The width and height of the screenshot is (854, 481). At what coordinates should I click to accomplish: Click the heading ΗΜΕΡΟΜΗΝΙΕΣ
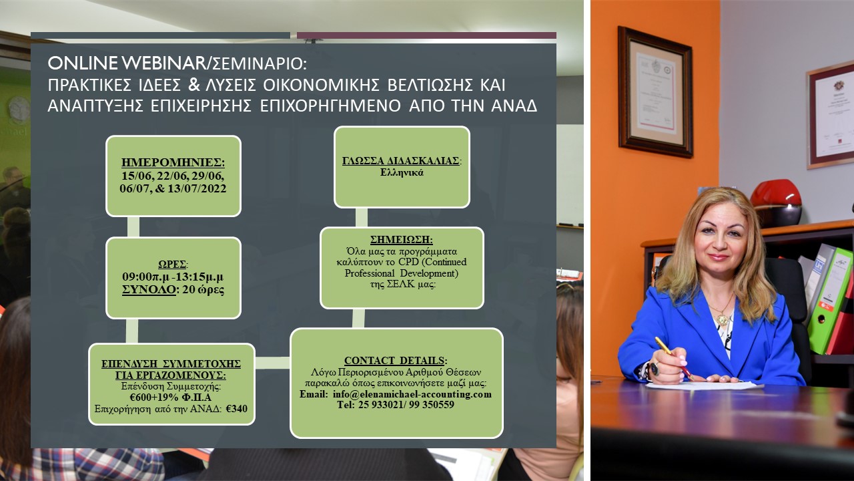(x=173, y=162)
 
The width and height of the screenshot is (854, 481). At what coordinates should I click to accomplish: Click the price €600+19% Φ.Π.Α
(x=170, y=397)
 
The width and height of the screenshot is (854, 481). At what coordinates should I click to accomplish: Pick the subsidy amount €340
(x=236, y=409)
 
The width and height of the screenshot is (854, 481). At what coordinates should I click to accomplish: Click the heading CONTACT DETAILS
(x=395, y=360)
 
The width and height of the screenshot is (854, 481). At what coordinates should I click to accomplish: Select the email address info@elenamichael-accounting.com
(x=412, y=394)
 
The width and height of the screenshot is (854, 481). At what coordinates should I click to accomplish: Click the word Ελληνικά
(x=402, y=172)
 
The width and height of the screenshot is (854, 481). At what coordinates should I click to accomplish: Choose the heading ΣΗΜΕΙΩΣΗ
(x=401, y=239)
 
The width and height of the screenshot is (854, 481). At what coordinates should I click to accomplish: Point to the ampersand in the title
(x=193, y=85)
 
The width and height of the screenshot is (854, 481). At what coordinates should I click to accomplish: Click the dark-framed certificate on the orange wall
(x=655, y=92)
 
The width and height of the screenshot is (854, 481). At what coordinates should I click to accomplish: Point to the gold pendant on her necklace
(x=723, y=319)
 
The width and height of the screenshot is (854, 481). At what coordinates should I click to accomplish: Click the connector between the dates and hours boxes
(x=133, y=226)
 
